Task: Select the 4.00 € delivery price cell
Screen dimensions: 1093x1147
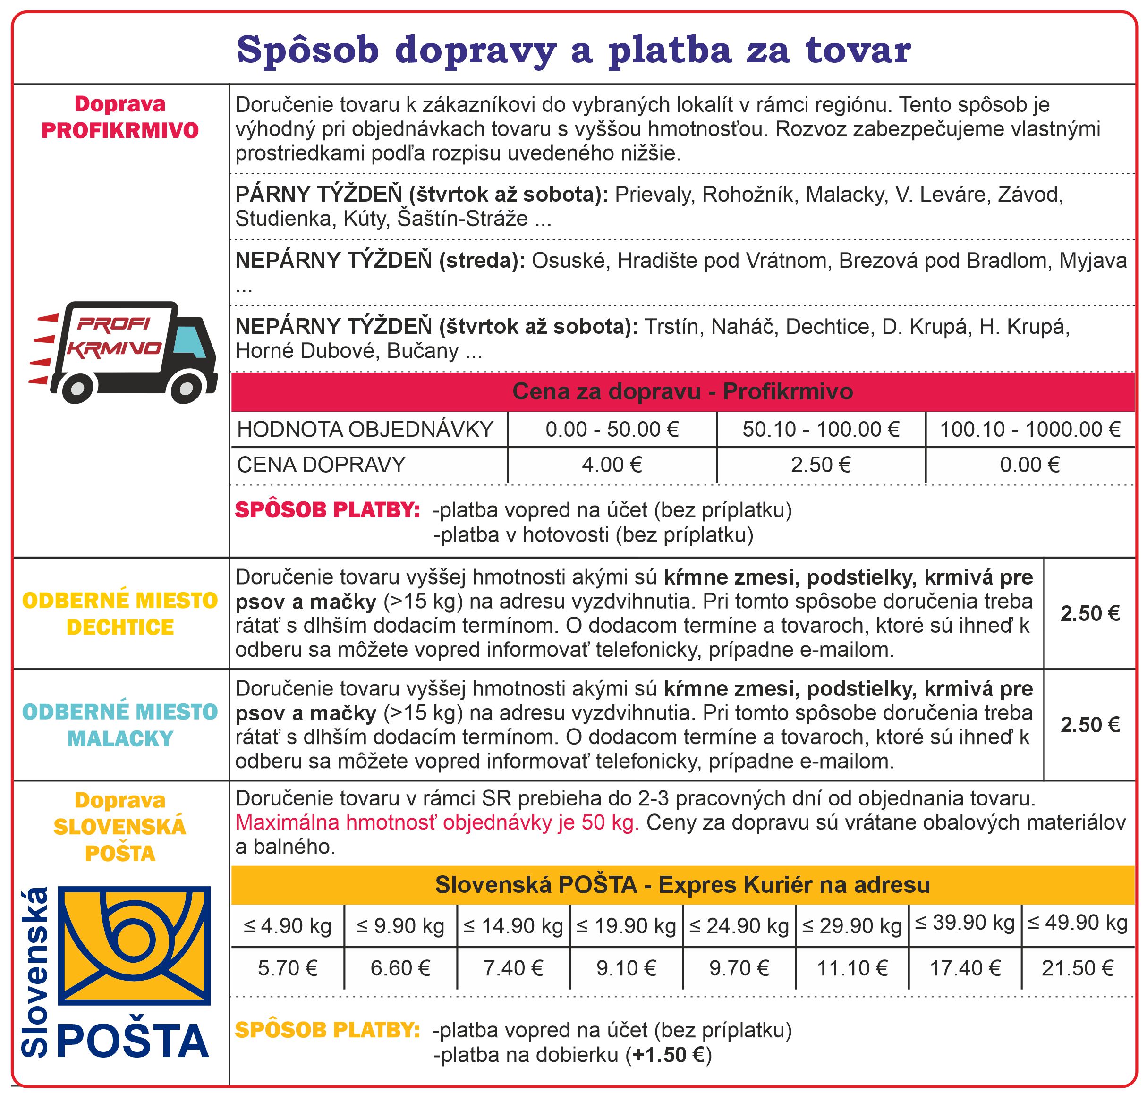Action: click(x=612, y=465)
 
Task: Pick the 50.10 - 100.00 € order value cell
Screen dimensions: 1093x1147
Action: click(x=821, y=429)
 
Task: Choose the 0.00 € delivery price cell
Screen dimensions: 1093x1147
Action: click(x=1029, y=465)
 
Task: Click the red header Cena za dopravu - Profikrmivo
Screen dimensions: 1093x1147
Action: click(x=682, y=391)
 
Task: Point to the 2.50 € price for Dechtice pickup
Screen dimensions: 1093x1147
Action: click(x=1090, y=613)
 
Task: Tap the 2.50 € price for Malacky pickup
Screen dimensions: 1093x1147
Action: click(x=1090, y=725)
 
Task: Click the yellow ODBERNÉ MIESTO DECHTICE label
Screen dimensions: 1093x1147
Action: click(x=120, y=613)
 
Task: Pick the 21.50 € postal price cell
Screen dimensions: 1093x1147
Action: click(x=1078, y=968)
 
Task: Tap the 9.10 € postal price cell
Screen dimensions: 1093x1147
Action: click(x=626, y=968)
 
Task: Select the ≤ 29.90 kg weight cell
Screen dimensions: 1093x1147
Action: click(x=851, y=926)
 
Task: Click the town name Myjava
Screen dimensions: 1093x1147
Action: click(x=1093, y=261)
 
